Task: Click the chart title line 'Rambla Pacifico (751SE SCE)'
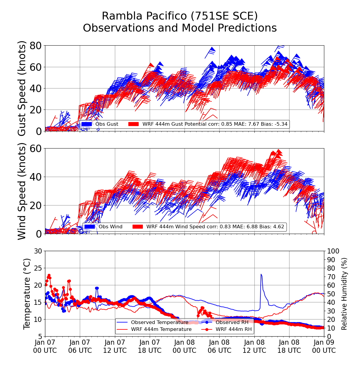pos(180,16)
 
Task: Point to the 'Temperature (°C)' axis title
pos(27,294)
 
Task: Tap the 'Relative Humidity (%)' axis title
pos(344,294)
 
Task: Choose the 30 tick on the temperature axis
pos(38,251)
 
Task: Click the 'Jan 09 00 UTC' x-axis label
pos(324,346)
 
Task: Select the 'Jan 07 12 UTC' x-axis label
pos(115,346)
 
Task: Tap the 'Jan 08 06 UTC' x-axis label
pos(219,346)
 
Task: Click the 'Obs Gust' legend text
pos(107,124)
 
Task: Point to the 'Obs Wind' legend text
pos(111,226)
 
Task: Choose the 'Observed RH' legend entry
pos(232,322)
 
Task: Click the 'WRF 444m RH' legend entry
pos(234,329)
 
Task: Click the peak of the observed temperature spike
pos(261,274)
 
